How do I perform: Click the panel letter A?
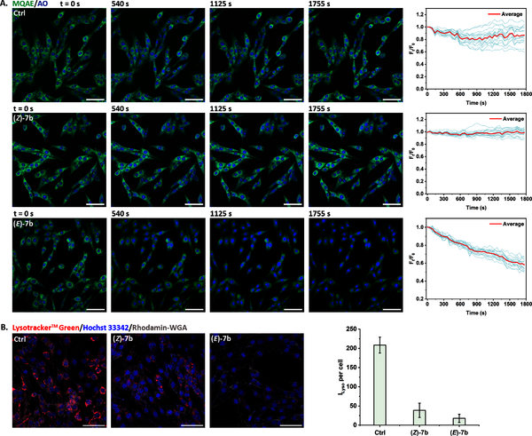(5, 5)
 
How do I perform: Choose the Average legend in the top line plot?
(505, 14)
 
